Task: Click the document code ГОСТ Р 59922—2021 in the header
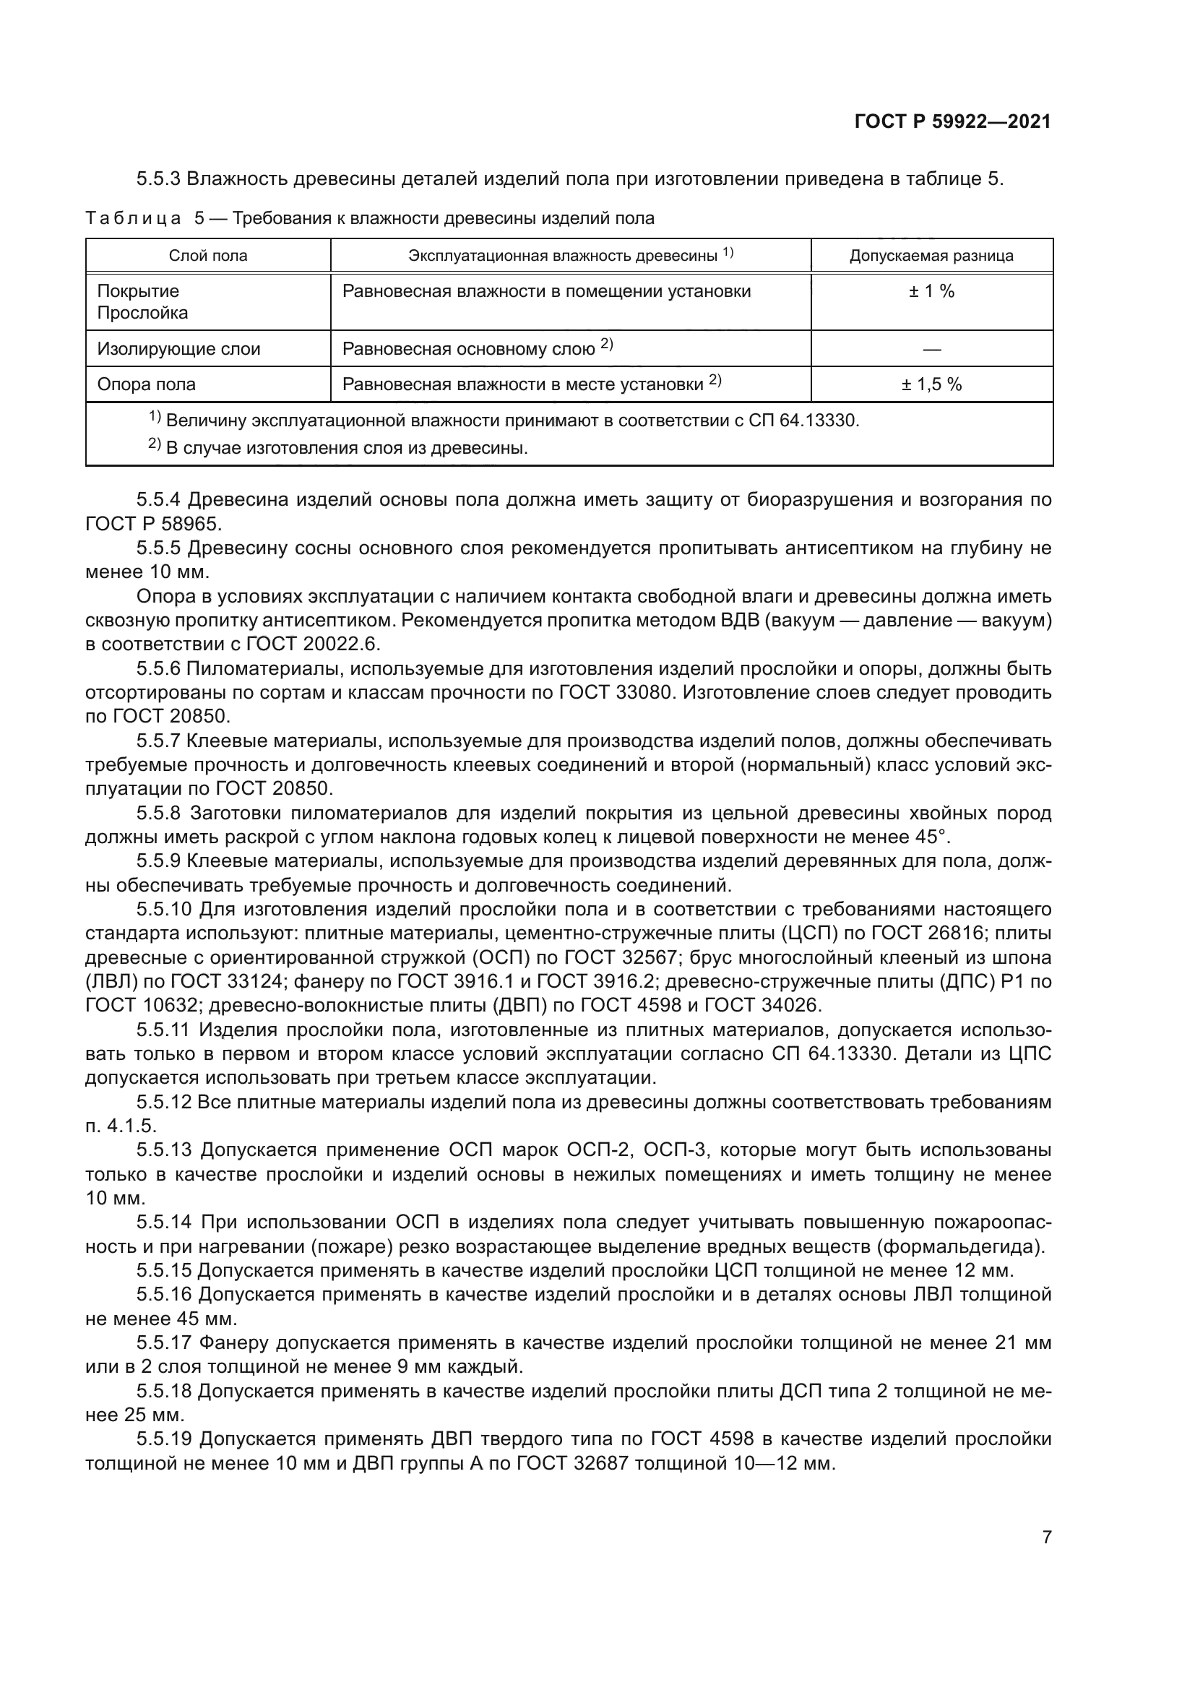(952, 122)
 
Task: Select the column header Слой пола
(208, 256)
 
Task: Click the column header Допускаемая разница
(931, 256)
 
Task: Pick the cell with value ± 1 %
(931, 291)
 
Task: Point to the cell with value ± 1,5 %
(931, 384)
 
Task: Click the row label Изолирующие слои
(178, 349)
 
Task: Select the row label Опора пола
(147, 384)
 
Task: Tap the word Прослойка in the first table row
(143, 313)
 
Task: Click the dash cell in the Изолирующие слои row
(931, 350)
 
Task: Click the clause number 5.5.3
(158, 179)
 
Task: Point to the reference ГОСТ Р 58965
(153, 524)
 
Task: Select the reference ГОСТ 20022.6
(312, 644)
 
